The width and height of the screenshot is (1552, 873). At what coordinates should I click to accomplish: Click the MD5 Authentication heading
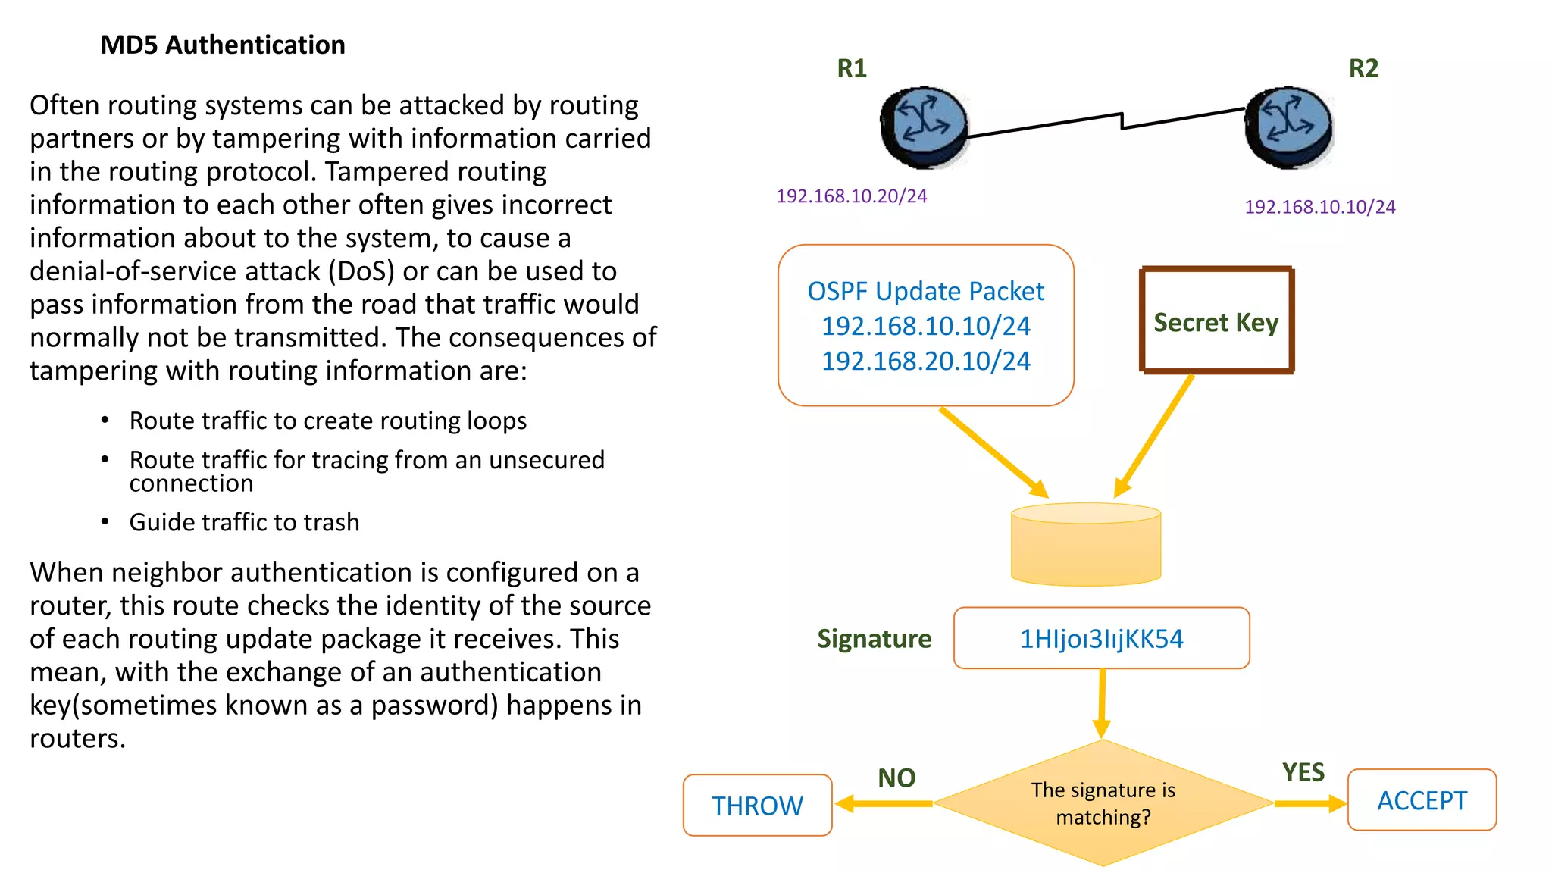222,45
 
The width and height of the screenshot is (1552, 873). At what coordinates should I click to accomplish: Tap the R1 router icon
924,127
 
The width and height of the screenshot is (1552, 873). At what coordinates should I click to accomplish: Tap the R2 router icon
1289,127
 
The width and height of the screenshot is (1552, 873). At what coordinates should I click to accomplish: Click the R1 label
851,69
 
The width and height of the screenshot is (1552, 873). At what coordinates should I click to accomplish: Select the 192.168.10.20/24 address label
851,196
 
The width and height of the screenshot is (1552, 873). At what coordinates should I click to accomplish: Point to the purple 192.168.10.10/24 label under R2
1319,207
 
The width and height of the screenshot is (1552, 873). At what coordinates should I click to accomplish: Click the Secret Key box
1216,321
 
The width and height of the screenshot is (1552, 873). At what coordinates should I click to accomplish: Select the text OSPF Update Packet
925,292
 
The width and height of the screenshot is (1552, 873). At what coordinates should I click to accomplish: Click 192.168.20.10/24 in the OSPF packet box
925,361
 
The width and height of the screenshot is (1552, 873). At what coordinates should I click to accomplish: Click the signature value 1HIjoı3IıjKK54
1101,639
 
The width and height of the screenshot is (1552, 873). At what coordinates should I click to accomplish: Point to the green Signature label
874,639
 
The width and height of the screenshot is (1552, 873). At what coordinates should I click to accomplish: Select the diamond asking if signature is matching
1103,803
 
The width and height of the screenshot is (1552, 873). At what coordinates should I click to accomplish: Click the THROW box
757,806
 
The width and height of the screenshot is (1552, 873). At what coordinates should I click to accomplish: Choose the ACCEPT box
1422,800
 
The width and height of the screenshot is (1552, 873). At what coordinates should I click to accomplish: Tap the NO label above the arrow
896,778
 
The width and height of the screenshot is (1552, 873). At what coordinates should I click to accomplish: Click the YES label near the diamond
1303,773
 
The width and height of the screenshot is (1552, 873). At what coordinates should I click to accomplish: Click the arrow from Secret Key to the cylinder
1154,436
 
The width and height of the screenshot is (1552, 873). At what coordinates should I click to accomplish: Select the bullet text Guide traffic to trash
244,523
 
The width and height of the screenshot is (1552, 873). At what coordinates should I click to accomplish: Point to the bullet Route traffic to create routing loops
327,421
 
